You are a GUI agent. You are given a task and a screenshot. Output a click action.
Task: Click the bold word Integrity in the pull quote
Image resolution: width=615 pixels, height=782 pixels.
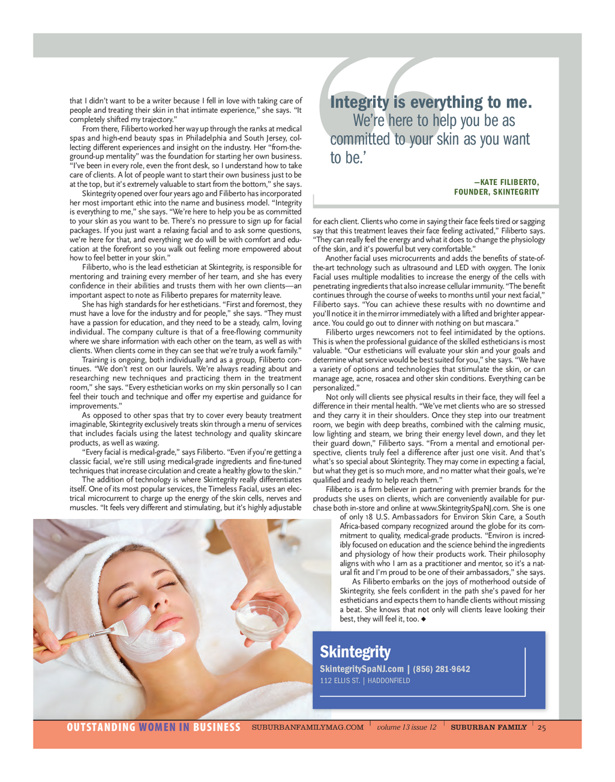pyautogui.click(x=359, y=103)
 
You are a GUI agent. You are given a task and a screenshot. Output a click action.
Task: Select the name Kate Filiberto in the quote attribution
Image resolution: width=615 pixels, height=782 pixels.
pyautogui.click(x=510, y=183)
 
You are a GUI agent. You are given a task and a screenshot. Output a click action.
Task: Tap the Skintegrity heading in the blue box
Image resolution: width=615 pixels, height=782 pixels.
pyautogui.click(x=355, y=652)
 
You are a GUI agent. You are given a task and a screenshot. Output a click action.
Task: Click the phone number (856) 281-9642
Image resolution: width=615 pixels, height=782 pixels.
pyautogui.click(x=442, y=669)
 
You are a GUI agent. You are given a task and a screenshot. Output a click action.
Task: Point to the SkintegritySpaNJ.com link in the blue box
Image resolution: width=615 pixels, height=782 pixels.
pyautogui.click(x=362, y=669)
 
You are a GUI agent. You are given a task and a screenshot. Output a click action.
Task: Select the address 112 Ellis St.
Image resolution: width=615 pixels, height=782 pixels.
pyautogui.click(x=340, y=681)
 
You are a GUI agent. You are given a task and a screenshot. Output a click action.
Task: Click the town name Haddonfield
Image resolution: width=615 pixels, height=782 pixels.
pyautogui.click(x=389, y=681)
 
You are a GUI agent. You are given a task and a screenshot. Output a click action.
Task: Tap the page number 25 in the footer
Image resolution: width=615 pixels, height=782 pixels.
pyautogui.click(x=542, y=727)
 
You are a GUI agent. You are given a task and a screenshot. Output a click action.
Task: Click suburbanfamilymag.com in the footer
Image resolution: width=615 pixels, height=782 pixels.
pyautogui.click(x=307, y=727)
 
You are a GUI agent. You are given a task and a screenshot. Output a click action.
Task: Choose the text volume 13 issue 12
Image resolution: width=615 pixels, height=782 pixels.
pyautogui.click(x=406, y=727)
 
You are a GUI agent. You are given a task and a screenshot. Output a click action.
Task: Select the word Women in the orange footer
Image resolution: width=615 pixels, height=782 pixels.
pyautogui.click(x=157, y=727)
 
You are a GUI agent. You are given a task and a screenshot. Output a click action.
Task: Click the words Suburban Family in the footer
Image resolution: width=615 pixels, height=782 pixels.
pyautogui.click(x=488, y=727)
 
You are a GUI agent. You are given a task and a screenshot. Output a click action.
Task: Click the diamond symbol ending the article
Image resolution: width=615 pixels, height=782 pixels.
pyautogui.click(x=424, y=619)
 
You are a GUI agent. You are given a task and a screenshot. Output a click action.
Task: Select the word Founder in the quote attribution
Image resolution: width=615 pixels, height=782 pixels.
pyautogui.click(x=472, y=192)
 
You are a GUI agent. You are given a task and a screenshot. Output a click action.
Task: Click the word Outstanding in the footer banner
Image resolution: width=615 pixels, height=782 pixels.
pyautogui.click(x=101, y=727)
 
